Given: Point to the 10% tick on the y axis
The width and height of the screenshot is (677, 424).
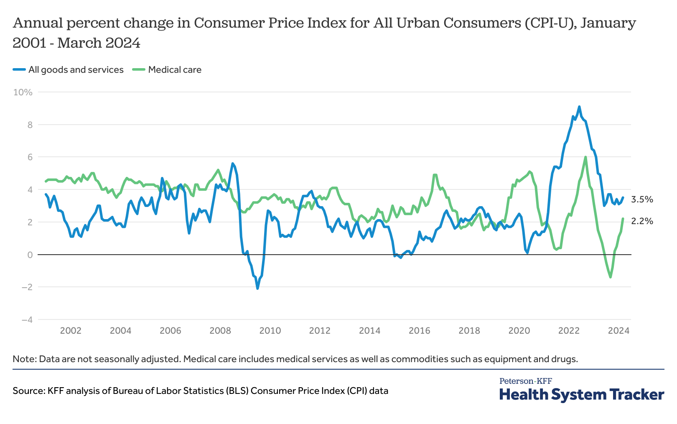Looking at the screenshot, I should [23, 92].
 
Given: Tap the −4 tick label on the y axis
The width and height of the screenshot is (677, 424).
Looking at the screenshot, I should [24, 320].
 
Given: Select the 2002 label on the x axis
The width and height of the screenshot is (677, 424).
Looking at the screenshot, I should [71, 331].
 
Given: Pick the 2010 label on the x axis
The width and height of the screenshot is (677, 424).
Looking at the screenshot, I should [270, 331].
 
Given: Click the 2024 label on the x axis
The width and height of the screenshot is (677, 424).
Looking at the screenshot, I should [618, 331].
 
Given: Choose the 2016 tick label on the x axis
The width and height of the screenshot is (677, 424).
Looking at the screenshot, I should [419, 331].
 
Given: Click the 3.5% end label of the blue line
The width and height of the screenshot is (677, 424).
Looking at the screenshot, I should [642, 199].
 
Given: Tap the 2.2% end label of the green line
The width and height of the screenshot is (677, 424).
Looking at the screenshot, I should [642, 221].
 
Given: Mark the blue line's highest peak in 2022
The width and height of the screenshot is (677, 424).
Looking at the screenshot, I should [579, 107].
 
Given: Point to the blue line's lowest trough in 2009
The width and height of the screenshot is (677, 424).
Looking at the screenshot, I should [257, 288].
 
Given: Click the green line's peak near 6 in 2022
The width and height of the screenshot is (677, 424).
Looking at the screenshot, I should [585, 157].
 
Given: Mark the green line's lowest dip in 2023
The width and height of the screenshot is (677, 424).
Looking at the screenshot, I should [611, 277].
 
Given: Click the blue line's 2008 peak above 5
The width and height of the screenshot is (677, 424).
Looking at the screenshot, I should [233, 163].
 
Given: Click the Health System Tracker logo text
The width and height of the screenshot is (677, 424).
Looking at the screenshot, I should [581, 394].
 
